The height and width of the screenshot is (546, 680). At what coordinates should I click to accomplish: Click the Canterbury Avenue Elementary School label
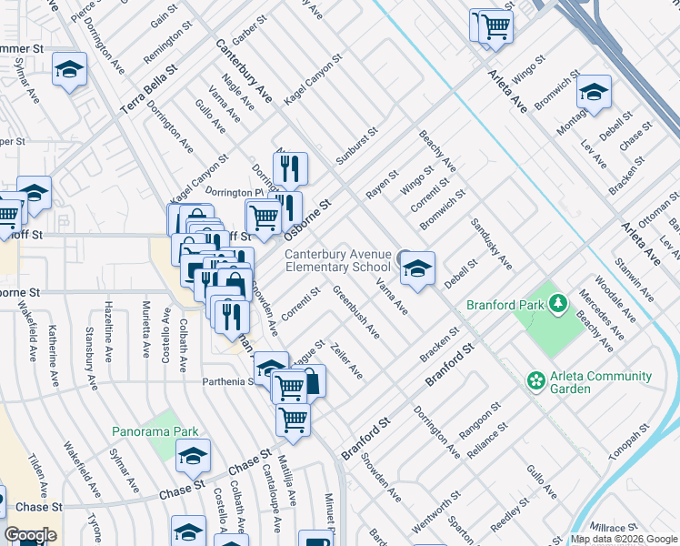click(x=337, y=260)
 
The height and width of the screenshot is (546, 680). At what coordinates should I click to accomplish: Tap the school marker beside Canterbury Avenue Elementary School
click(x=417, y=268)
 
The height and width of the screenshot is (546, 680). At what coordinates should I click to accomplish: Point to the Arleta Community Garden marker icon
click(x=536, y=379)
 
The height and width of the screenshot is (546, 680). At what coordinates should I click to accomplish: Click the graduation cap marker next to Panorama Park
click(x=193, y=457)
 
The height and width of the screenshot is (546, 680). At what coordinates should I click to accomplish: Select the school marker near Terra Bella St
click(x=69, y=70)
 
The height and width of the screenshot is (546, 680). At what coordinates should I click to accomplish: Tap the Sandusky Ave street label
click(x=491, y=245)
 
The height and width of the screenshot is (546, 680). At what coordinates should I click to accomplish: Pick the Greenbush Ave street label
click(x=356, y=311)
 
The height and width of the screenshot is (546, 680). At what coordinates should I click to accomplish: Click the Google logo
click(x=30, y=535)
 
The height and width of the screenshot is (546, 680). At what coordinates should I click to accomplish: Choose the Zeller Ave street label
click(x=347, y=361)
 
